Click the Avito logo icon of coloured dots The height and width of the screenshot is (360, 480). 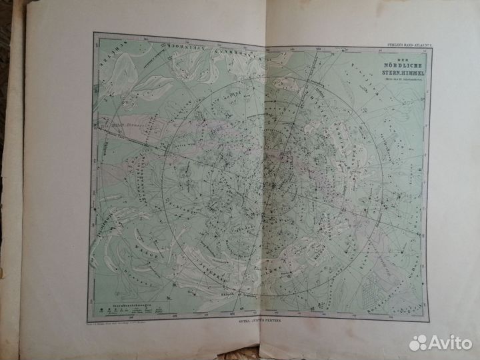tap(419, 343)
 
